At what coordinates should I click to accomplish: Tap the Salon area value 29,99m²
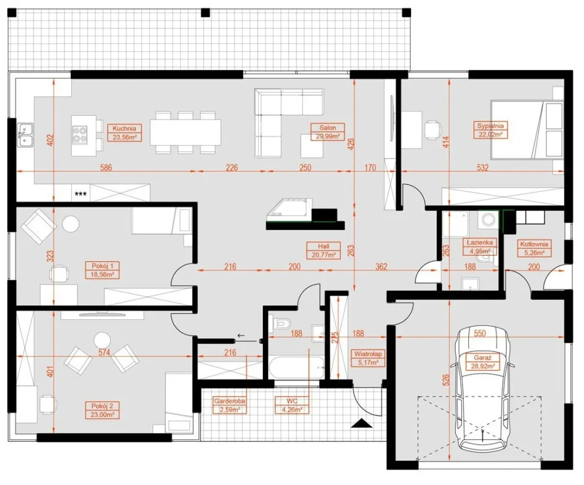[328, 136]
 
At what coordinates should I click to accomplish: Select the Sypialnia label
[490, 126]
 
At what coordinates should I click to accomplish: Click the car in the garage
[482, 387]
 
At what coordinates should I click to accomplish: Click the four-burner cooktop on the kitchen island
[80, 135]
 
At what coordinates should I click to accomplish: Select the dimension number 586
[106, 168]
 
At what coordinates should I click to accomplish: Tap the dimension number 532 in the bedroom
[482, 168]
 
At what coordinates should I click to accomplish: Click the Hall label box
[323, 250]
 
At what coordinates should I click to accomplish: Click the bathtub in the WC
[297, 368]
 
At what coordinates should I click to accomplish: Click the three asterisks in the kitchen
[81, 194]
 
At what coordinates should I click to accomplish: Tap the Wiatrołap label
[368, 354]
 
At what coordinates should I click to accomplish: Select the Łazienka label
[480, 242]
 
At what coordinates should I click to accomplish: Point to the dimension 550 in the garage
[480, 333]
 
